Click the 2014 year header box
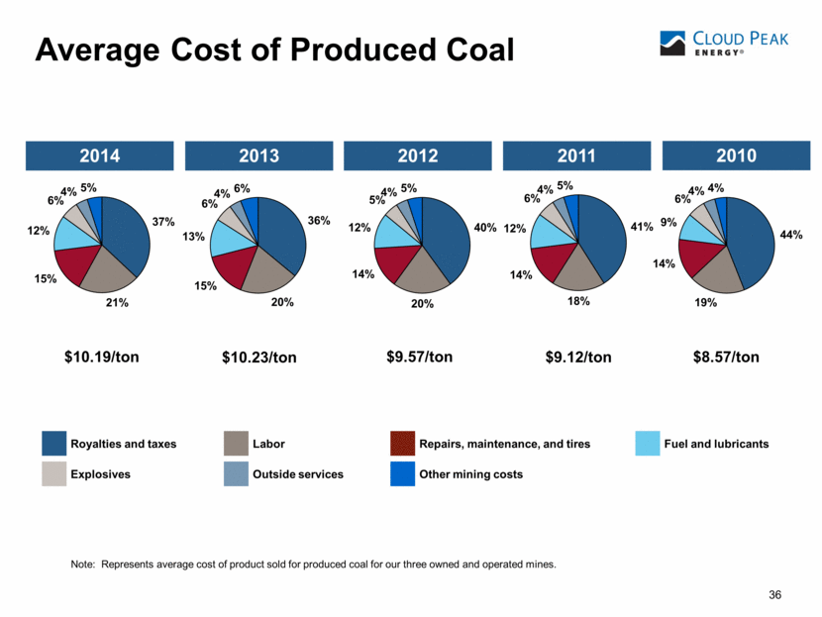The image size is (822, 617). pos(100,155)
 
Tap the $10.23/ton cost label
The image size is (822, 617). pos(259,358)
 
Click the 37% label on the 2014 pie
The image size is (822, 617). pos(164,222)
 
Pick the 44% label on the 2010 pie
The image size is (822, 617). pos(791,235)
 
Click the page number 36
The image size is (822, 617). pos(775,594)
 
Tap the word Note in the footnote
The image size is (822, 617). pos(83,564)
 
